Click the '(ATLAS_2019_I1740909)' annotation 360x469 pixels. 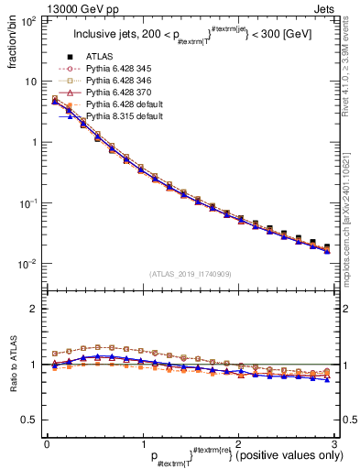[191, 273]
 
